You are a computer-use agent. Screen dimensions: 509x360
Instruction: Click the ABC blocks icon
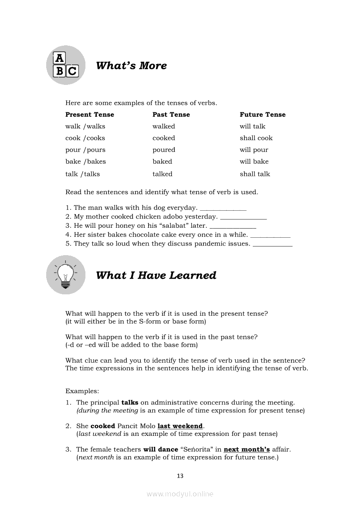pos(65,65)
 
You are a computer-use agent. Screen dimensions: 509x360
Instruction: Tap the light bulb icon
pos(65,275)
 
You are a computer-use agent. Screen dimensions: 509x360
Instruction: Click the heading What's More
pos(131,66)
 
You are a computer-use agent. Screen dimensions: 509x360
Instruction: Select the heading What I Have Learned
pos(156,275)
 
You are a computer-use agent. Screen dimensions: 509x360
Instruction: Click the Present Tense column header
pos(89,115)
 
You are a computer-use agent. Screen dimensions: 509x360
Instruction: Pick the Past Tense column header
pos(171,115)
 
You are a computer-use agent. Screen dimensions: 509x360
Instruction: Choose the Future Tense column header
pos(262,115)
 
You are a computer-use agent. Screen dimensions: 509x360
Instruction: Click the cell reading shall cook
pos(256,138)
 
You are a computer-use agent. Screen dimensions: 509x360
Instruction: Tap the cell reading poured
pos(163,150)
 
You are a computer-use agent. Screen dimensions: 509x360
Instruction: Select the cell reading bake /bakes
pos(85,162)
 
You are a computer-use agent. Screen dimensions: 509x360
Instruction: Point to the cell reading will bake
pos(254,162)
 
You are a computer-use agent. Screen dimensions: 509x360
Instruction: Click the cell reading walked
pos(163,126)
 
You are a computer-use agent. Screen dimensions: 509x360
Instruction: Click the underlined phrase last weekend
pos(180,426)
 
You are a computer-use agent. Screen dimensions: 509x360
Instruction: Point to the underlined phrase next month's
pos(247,449)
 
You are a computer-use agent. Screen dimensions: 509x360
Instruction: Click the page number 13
pos(180,476)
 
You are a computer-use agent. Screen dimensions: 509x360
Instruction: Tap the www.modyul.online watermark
pos(180,494)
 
